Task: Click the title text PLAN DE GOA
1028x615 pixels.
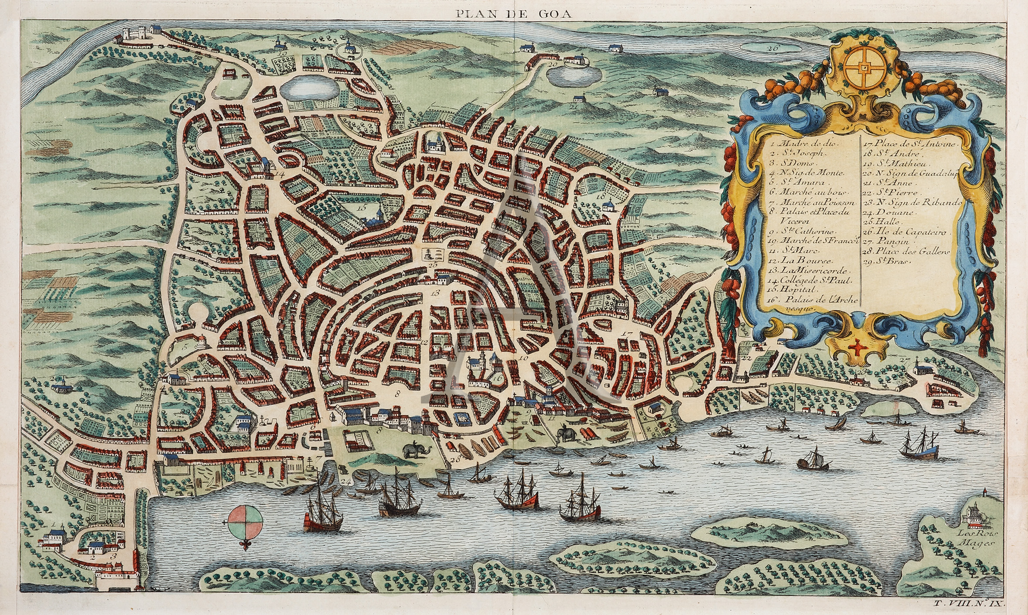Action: pyautogui.click(x=514, y=13)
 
